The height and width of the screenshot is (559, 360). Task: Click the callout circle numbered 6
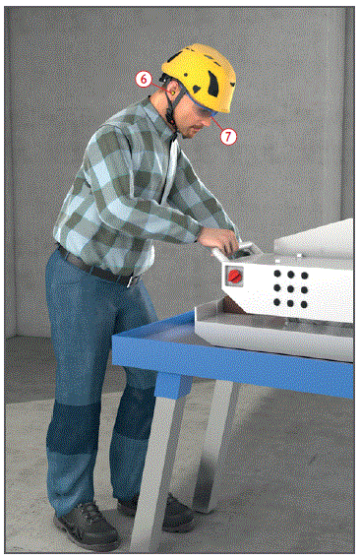coord(144,79)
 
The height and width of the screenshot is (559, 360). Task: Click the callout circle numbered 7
coord(228,136)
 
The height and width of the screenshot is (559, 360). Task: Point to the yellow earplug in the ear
coord(172,93)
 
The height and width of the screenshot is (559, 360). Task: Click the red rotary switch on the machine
coord(234,276)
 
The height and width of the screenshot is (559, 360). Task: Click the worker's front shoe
coord(87,527)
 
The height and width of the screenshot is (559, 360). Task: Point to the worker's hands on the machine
coord(219,240)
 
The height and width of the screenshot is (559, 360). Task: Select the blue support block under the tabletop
coord(168,385)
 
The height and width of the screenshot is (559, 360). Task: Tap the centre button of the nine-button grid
coord(290,288)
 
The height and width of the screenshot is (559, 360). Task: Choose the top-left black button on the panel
coord(277,274)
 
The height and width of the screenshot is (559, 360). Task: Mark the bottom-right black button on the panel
coord(304,304)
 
